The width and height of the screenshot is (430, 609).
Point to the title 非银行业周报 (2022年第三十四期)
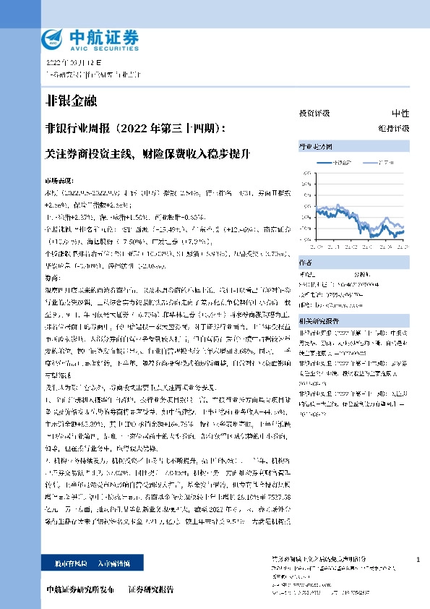point(134,129)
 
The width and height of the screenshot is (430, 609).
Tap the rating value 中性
point(400,114)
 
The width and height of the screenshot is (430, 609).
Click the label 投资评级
point(314,114)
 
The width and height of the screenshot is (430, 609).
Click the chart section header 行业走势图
point(313,147)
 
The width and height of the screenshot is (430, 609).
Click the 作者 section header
point(306,263)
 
